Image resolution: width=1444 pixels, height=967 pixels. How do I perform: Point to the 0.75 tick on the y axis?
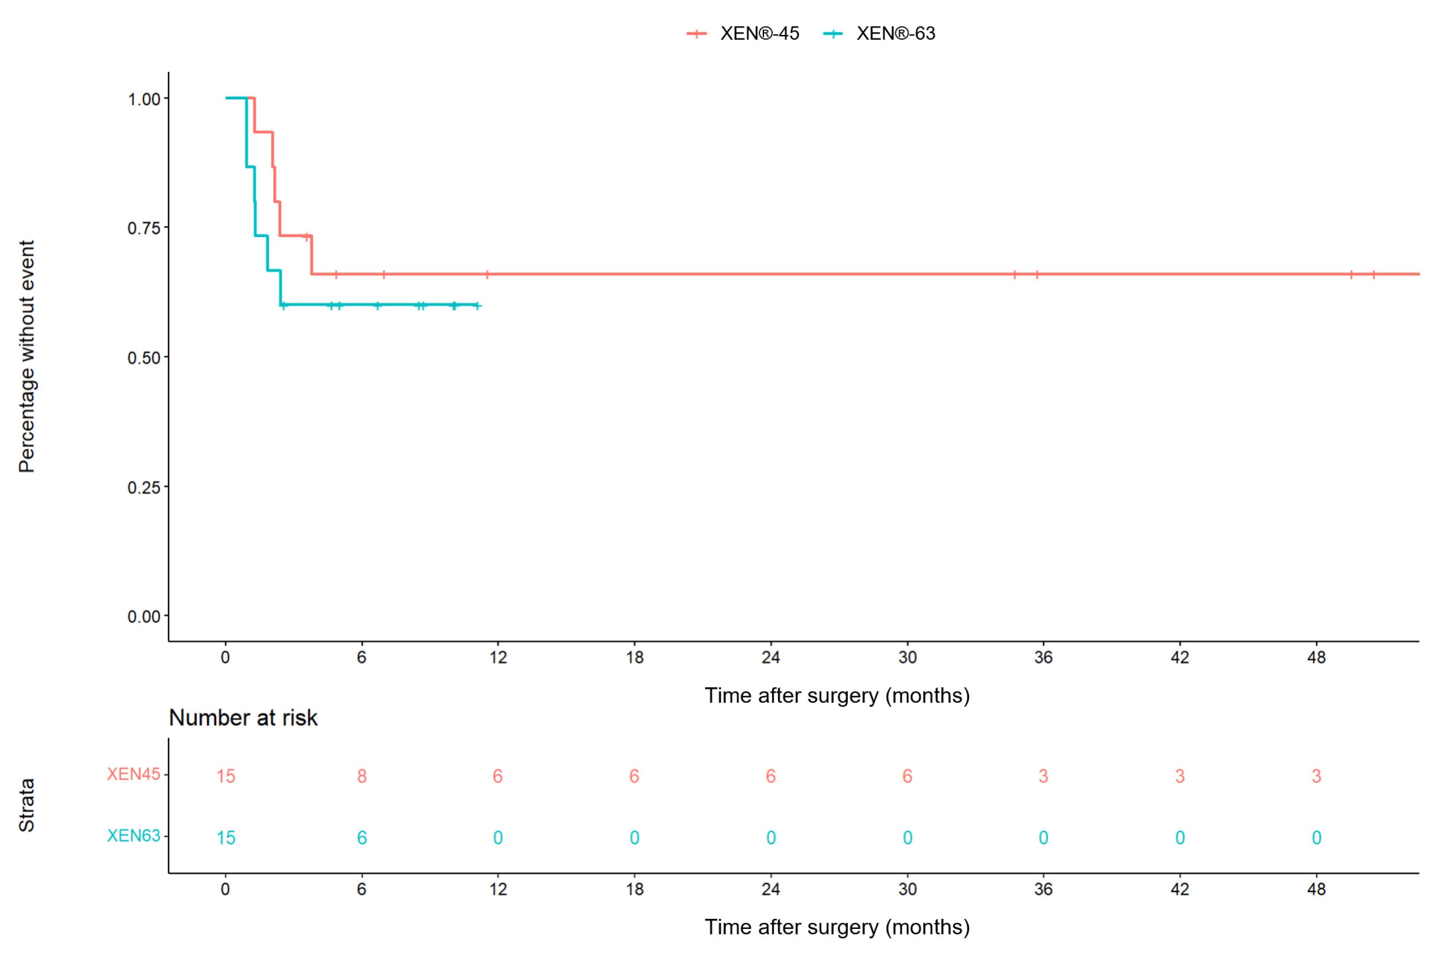click(x=144, y=228)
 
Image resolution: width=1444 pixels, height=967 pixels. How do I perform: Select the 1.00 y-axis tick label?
click(x=144, y=99)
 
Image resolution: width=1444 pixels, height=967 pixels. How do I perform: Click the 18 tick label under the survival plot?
click(x=635, y=658)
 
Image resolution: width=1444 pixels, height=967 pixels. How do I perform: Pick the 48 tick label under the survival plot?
click(x=1316, y=658)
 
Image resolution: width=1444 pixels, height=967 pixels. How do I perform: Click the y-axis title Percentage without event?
click(x=27, y=357)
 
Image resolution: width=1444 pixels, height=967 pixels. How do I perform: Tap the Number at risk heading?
click(x=243, y=718)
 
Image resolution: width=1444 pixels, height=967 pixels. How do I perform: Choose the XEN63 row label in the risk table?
click(x=133, y=836)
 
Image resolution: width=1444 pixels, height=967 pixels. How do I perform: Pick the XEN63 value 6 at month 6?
click(x=362, y=838)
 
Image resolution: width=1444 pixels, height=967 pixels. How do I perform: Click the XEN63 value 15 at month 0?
click(x=226, y=838)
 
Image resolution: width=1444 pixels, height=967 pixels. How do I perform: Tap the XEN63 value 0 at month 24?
click(x=771, y=838)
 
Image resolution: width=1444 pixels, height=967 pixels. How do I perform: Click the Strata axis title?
click(x=27, y=805)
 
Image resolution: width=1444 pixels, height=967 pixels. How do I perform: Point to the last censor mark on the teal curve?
click(x=477, y=305)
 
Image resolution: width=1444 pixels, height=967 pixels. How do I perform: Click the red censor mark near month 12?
click(x=487, y=274)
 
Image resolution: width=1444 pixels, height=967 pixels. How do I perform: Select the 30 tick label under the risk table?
click(x=908, y=889)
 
